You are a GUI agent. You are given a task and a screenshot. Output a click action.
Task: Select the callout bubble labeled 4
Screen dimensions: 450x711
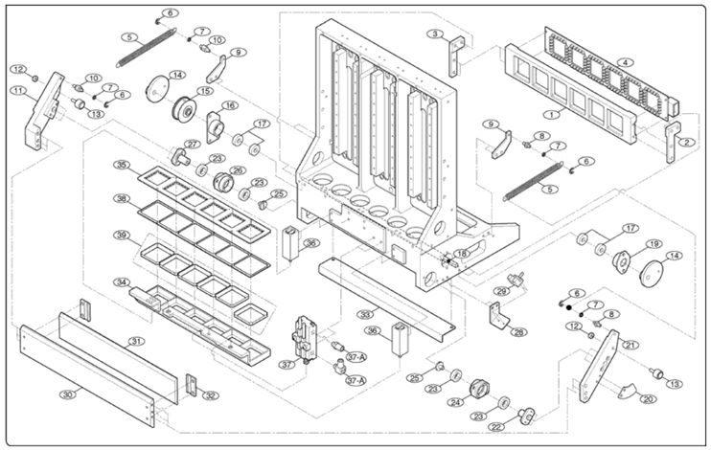tap(625, 62)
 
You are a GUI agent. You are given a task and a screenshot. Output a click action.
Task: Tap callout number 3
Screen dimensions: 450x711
tap(436, 34)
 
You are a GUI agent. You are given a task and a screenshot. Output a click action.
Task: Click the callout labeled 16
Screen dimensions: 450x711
tap(229, 105)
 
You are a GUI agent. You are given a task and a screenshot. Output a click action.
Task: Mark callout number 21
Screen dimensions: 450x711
tap(630, 345)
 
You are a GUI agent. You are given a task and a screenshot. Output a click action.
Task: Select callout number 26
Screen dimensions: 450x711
tap(238, 170)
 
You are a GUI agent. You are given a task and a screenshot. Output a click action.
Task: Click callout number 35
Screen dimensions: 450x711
tap(121, 166)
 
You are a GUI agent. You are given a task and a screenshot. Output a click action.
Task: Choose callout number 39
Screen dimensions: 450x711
tap(122, 236)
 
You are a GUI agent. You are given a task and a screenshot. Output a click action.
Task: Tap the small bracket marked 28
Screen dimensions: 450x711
tap(499, 317)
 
